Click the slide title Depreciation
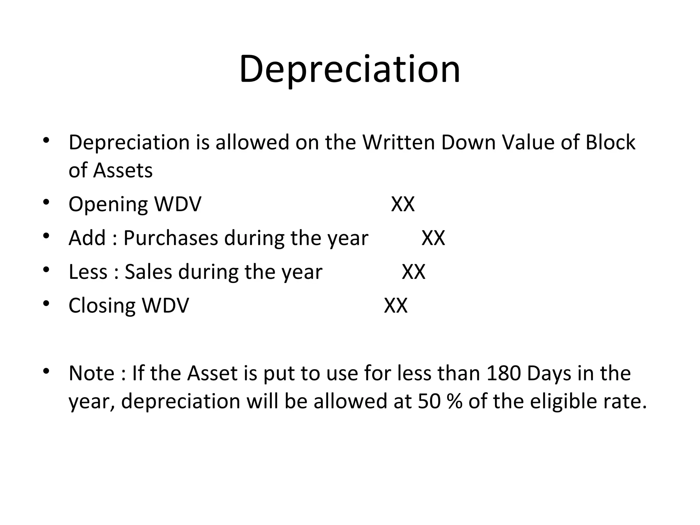coord(350,69)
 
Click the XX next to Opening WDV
coord(403,204)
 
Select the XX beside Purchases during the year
coord(433,238)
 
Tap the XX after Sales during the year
coord(413,272)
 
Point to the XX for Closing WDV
coord(395,305)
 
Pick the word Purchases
coord(170,238)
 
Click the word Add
coord(87,238)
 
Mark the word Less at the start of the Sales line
coord(88,272)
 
